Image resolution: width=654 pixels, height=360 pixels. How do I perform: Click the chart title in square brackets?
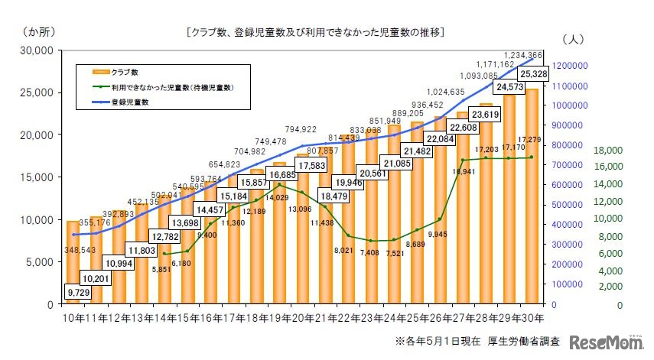315,33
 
